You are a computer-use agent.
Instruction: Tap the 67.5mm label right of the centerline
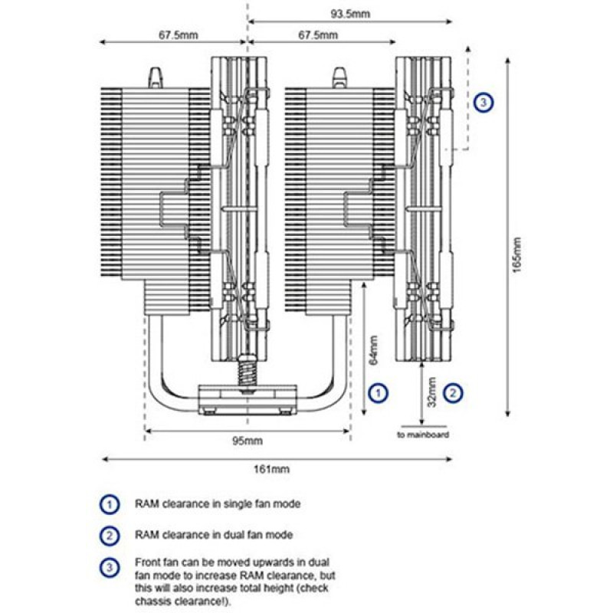tap(317, 35)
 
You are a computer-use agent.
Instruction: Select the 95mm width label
tap(247, 441)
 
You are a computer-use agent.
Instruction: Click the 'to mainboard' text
tap(422, 434)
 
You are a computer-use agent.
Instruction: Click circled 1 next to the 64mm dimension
tap(378, 392)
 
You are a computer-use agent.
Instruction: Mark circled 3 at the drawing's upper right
tap(483, 102)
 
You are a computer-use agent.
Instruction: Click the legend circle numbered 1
tap(110, 504)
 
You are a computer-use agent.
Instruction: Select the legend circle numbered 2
tap(110, 533)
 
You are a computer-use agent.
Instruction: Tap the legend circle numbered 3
tap(110, 567)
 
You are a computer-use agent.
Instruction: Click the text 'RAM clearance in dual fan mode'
tap(213, 533)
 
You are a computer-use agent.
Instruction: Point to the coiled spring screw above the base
tap(247, 368)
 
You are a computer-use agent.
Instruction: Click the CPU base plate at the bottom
tap(247, 396)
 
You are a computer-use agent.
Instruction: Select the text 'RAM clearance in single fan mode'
tap(218, 504)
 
